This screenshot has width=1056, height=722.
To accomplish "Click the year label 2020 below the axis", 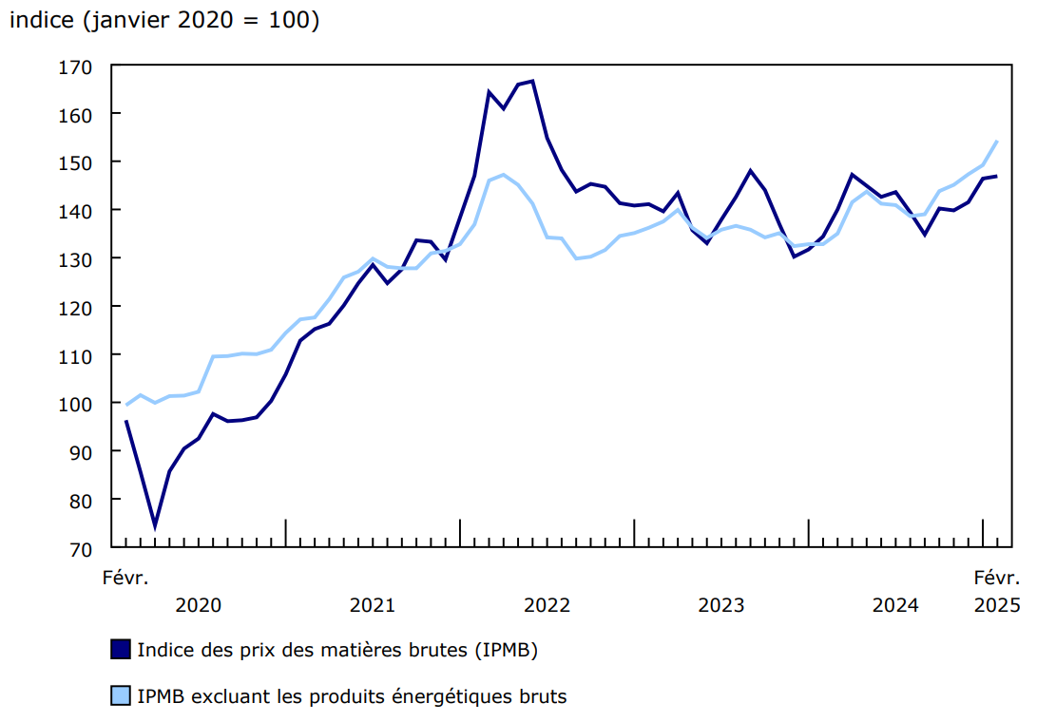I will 199,605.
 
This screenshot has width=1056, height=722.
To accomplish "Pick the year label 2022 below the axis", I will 547,605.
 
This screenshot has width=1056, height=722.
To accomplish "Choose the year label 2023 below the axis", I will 721,605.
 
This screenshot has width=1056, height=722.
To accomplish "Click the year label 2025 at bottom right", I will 997,605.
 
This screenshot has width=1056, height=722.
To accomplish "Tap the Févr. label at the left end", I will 125,577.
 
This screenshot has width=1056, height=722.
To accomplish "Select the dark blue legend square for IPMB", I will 120,651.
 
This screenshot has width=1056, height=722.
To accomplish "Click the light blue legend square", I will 120,696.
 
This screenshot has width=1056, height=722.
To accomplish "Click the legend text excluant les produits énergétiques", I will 352,696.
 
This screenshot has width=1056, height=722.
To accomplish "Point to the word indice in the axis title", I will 41,21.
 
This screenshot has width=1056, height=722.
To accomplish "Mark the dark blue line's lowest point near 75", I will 155,525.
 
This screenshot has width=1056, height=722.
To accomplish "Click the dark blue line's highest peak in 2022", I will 532,81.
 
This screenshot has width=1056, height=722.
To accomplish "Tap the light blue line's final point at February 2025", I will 996,142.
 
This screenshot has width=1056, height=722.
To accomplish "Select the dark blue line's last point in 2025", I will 996,176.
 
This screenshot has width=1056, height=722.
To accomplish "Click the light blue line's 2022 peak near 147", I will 503,175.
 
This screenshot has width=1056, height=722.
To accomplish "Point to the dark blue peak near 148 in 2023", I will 750,171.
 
